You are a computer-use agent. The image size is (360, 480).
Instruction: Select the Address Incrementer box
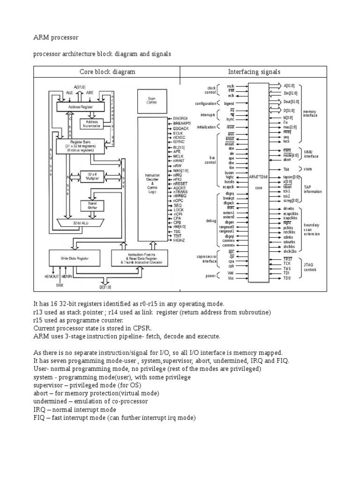(92, 124)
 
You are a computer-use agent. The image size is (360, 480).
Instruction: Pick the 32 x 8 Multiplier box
(92, 176)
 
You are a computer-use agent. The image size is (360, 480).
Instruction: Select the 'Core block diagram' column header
(106, 72)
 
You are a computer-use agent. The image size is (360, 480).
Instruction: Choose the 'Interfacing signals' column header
(254, 72)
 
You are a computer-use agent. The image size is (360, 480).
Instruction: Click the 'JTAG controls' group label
(310, 267)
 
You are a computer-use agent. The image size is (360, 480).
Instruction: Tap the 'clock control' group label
(210, 90)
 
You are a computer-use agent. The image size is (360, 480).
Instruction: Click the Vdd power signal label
(230, 273)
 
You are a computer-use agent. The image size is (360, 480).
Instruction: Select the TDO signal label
(287, 278)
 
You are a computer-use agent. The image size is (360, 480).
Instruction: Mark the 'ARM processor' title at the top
(56, 37)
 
